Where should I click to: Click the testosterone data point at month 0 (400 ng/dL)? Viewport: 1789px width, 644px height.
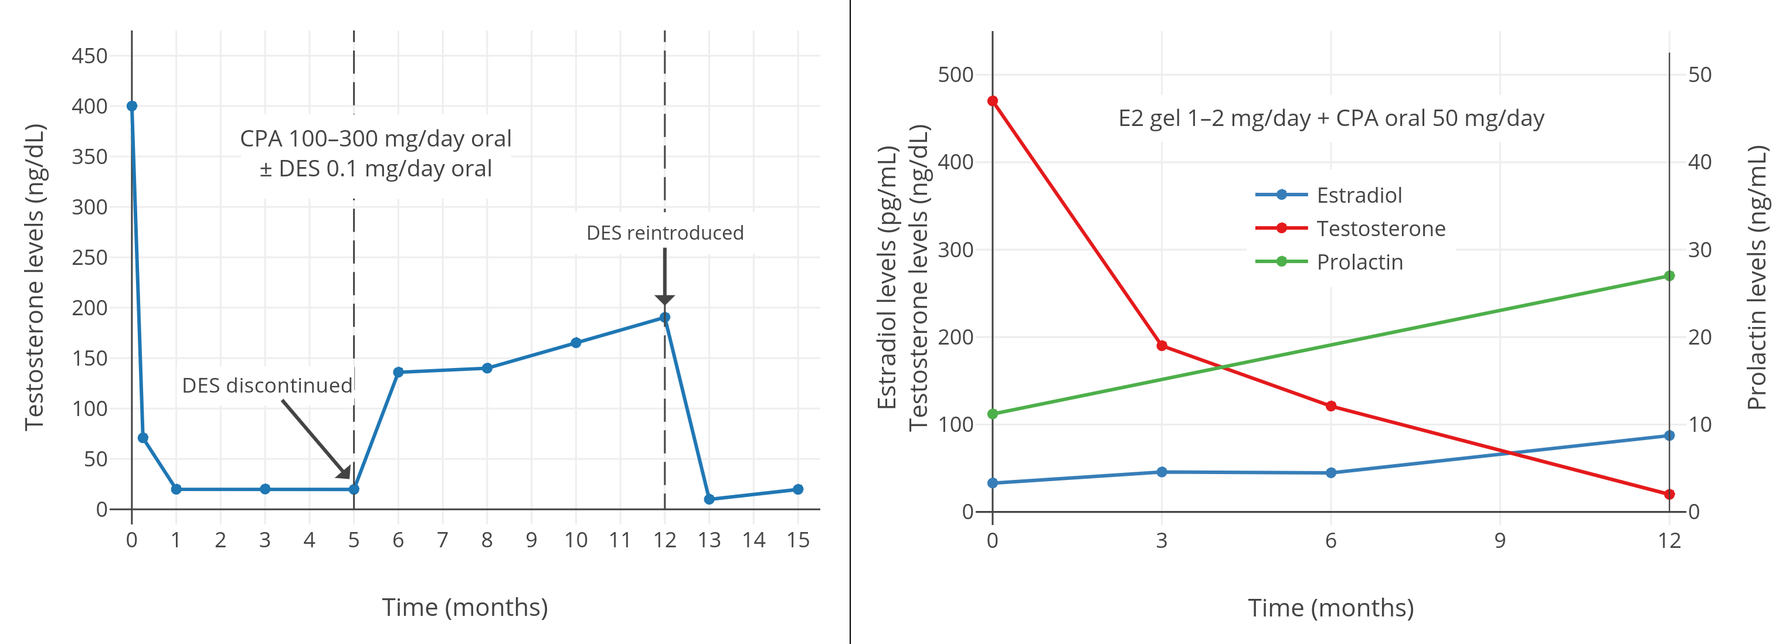click(132, 106)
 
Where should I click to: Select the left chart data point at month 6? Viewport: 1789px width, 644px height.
click(398, 373)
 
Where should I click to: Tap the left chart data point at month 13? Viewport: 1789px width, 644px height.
click(709, 499)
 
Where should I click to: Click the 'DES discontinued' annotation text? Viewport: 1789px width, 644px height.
click(267, 385)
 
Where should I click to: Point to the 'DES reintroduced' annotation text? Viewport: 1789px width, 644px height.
click(664, 233)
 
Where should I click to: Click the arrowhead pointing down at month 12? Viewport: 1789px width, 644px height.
click(664, 300)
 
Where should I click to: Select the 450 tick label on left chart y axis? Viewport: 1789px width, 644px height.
click(90, 56)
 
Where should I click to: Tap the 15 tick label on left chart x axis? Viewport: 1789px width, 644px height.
click(798, 540)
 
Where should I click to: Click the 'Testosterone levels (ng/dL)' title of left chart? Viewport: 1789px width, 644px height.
click(35, 278)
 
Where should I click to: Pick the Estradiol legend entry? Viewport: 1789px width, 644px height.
click(1359, 195)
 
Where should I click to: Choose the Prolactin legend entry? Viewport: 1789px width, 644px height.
click(1359, 261)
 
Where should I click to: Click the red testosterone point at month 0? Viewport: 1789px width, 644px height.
click(992, 101)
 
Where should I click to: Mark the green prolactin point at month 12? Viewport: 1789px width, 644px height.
click(1669, 276)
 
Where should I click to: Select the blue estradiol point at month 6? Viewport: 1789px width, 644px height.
click(1330, 472)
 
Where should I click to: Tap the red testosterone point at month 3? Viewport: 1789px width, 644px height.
click(1162, 346)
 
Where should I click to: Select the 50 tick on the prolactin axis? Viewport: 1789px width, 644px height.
click(1699, 75)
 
